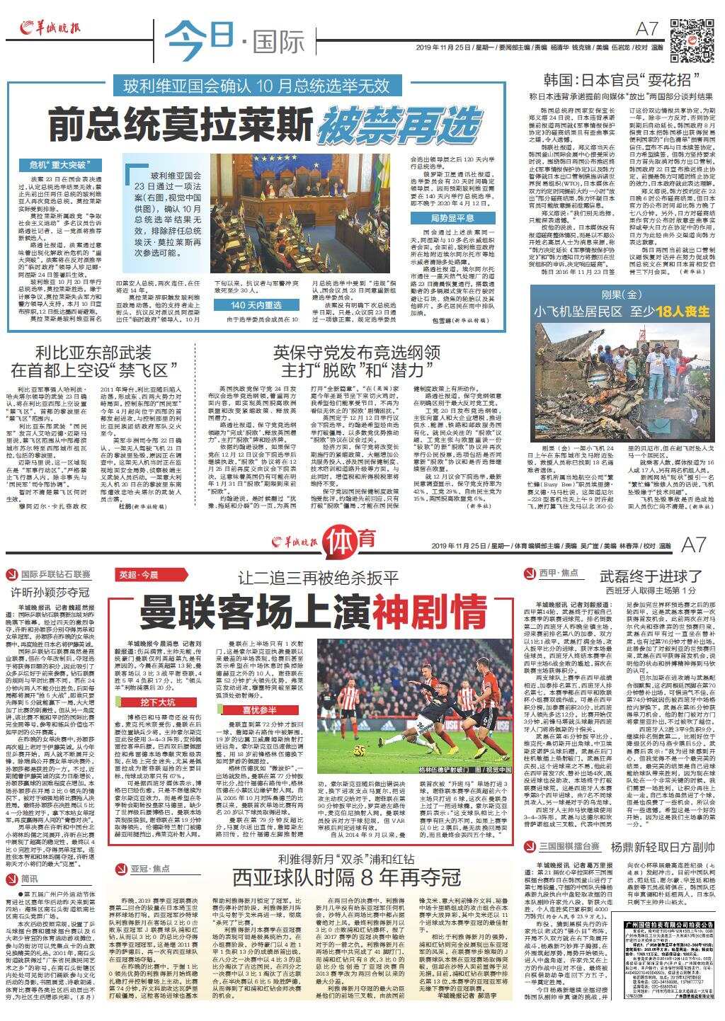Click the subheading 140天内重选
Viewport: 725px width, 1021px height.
click(x=256, y=305)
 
